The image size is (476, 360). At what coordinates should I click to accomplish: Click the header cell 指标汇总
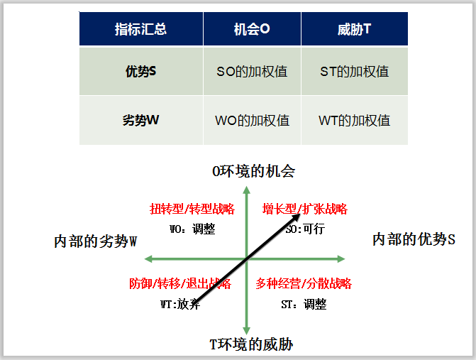(x=140, y=30)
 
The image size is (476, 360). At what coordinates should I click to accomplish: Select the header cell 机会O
(x=252, y=30)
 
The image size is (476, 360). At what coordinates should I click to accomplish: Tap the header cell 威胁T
(x=355, y=30)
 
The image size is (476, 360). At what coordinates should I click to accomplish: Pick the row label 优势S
(x=140, y=71)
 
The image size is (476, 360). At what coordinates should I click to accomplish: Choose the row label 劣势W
(x=140, y=120)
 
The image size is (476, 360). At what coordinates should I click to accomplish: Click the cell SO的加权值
(x=252, y=71)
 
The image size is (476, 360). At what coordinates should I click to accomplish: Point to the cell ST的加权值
(x=355, y=71)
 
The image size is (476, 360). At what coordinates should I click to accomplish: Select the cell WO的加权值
(x=252, y=120)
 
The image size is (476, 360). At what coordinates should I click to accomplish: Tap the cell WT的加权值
(x=355, y=120)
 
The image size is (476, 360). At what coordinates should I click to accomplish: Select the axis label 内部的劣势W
(x=95, y=241)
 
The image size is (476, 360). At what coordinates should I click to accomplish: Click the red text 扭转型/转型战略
(x=192, y=209)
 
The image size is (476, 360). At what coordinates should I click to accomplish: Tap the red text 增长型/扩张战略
(x=304, y=209)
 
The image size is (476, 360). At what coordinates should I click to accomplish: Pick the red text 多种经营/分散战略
(x=304, y=284)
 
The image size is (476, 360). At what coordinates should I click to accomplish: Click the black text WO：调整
(x=192, y=229)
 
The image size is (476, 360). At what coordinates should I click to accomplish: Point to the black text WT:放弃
(x=180, y=304)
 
